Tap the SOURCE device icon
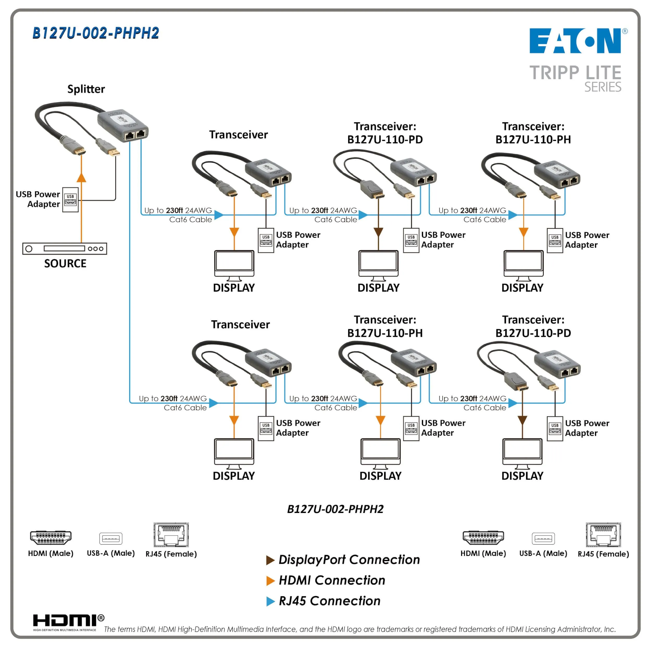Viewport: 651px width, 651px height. pos(65,249)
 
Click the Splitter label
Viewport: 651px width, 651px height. pos(86,89)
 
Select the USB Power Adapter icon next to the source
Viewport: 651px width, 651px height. pos(70,200)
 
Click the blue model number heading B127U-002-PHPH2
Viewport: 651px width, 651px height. pos(96,33)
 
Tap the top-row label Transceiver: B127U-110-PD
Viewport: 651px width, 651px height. pos(385,133)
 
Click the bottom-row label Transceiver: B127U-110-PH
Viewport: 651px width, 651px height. pos(385,326)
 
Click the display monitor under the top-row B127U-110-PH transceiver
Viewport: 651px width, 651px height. pos(523,265)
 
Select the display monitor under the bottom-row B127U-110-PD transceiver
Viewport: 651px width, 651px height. pos(522,453)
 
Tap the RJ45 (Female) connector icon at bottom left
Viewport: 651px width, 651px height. pos(171,535)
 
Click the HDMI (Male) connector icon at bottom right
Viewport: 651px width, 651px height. pos(483,538)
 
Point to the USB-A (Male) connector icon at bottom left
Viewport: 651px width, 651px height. pos(110,539)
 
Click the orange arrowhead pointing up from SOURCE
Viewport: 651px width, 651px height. pos(81,178)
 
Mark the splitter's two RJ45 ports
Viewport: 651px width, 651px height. pos(135,135)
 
